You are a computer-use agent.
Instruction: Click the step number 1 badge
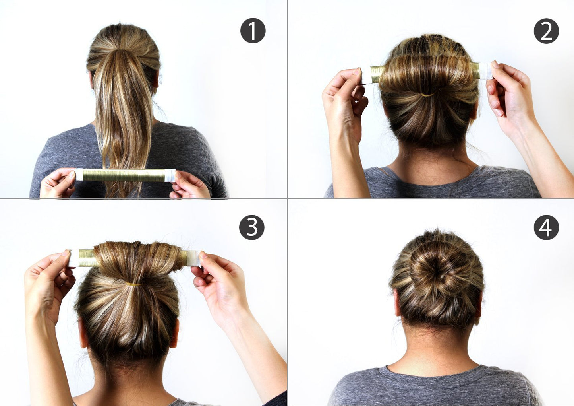coord(253,31)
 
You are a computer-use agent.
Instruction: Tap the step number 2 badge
coord(546,31)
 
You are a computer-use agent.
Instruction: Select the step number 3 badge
coord(251,227)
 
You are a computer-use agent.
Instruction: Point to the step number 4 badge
coord(546,227)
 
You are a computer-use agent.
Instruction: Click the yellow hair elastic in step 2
coord(428,95)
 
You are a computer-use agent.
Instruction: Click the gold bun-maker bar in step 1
coord(124,175)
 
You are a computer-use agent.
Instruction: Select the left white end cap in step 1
coord(78,175)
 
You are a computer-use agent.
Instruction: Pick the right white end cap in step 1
coord(170,176)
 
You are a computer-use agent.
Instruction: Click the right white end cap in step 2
coord(485,71)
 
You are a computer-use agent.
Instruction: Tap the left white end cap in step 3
coord(74,258)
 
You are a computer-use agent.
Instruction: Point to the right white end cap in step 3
coord(194,258)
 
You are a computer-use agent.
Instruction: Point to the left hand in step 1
coord(58,183)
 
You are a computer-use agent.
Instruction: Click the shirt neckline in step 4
coord(433,372)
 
